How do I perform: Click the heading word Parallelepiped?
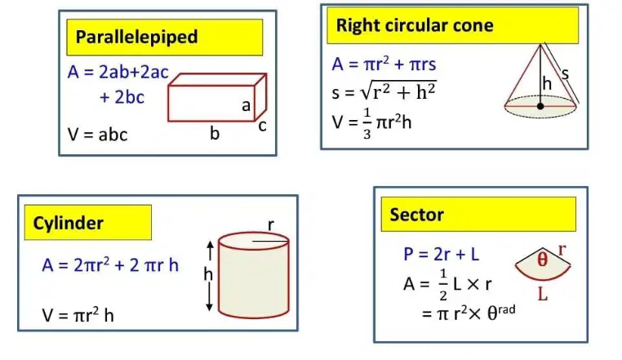pos(136,38)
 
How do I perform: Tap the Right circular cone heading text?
pos(415,25)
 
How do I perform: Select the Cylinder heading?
pos(69,224)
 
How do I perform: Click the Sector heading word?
pos(416,215)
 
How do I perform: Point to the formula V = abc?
pos(98,135)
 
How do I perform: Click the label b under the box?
pos(215,133)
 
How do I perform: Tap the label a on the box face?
pos(246,105)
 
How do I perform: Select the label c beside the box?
pos(262,126)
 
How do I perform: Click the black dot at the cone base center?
pos(540,106)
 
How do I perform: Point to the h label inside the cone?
pos(547,84)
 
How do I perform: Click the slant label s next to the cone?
pos(565,73)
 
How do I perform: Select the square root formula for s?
pos(384,91)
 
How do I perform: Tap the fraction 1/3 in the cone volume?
pos(367,123)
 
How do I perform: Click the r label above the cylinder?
pos(271,225)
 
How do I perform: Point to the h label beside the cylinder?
pos(208,274)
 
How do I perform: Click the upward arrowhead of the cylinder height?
pos(211,245)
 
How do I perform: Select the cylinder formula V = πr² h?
pos(78,316)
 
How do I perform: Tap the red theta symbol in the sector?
pos(542,260)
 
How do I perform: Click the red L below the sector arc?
pos(543,294)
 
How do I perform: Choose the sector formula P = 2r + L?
pos(441,254)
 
